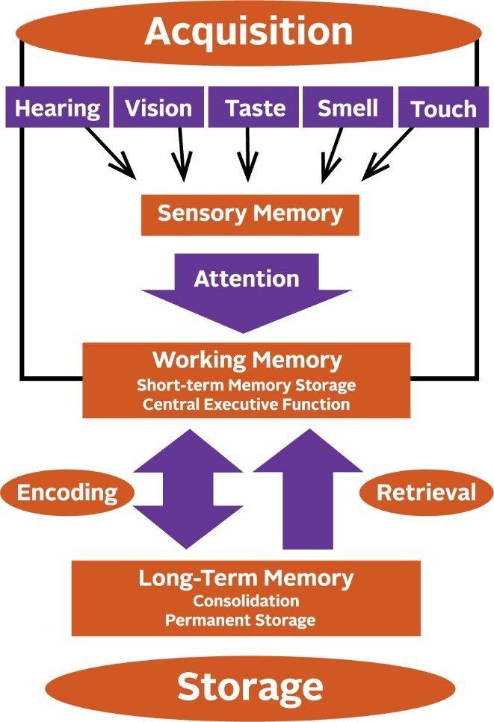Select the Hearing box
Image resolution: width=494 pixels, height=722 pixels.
coord(58,108)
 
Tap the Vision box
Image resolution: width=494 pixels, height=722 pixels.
coord(158,108)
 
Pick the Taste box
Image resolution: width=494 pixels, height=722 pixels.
coord(256,108)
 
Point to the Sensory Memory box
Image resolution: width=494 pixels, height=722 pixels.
coord(250,214)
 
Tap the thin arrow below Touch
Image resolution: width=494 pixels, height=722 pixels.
coord(388,153)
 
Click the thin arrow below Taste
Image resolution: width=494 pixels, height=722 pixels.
coord(247,153)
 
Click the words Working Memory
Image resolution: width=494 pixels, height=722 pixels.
coord(247,360)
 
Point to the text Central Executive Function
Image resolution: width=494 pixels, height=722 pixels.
coord(247,405)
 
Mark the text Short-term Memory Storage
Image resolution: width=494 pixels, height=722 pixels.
coord(247,386)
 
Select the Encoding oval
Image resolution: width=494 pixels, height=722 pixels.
coord(67,493)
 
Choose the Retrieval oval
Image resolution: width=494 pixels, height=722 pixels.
coord(425,493)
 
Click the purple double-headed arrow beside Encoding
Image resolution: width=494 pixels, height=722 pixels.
coord(188,493)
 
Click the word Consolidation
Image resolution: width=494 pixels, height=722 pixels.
coord(246,601)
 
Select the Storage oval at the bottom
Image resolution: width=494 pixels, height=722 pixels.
coord(250,686)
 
